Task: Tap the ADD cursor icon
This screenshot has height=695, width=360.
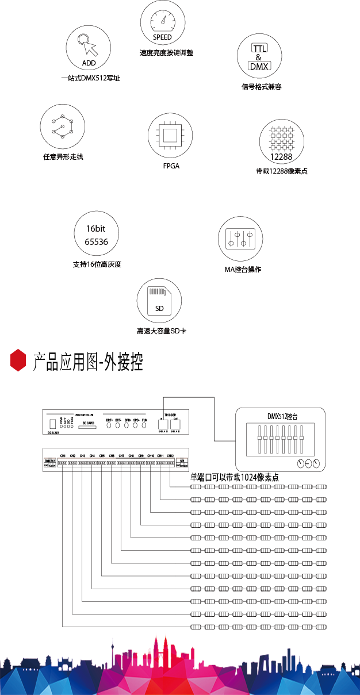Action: [88, 49]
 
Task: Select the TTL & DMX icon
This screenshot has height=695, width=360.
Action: [259, 56]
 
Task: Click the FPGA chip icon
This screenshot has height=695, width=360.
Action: [170, 136]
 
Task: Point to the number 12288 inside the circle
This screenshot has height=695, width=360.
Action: [282, 157]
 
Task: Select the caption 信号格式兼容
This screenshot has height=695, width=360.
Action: [261, 87]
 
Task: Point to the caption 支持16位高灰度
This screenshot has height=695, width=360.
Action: [97, 265]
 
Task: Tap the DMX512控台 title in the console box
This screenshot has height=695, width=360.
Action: [282, 416]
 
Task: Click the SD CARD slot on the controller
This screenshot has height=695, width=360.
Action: [88, 426]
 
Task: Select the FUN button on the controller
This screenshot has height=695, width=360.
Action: [145, 426]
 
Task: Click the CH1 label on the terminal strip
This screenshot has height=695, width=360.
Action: [63, 456]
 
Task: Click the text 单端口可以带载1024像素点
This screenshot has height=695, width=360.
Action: [235, 477]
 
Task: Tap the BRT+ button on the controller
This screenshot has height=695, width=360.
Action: [109, 426]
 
